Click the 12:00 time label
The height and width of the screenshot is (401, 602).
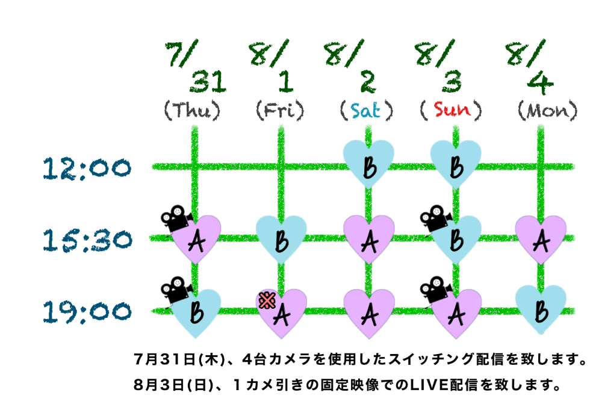pyautogui.click(x=86, y=168)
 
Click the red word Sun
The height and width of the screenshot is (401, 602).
pyautogui.click(x=452, y=110)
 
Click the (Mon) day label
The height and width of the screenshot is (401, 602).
pyautogui.click(x=548, y=110)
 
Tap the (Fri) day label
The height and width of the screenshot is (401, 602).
pyautogui.click(x=280, y=110)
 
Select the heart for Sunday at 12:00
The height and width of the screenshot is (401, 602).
pyautogui.click(x=455, y=164)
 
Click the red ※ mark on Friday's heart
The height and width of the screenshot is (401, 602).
pyautogui.click(x=264, y=300)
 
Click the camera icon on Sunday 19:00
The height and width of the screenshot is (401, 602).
pyautogui.click(x=433, y=289)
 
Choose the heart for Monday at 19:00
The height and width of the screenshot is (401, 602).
pyautogui.click(x=541, y=311)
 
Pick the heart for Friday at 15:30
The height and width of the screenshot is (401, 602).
pyautogui.click(x=281, y=240)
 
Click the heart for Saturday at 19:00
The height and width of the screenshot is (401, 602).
pyautogui.click(x=368, y=313)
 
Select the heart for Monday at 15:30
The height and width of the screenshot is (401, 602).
pyautogui.click(x=541, y=240)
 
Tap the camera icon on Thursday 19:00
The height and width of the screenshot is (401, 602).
pyautogui.click(x=173, y=289)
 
